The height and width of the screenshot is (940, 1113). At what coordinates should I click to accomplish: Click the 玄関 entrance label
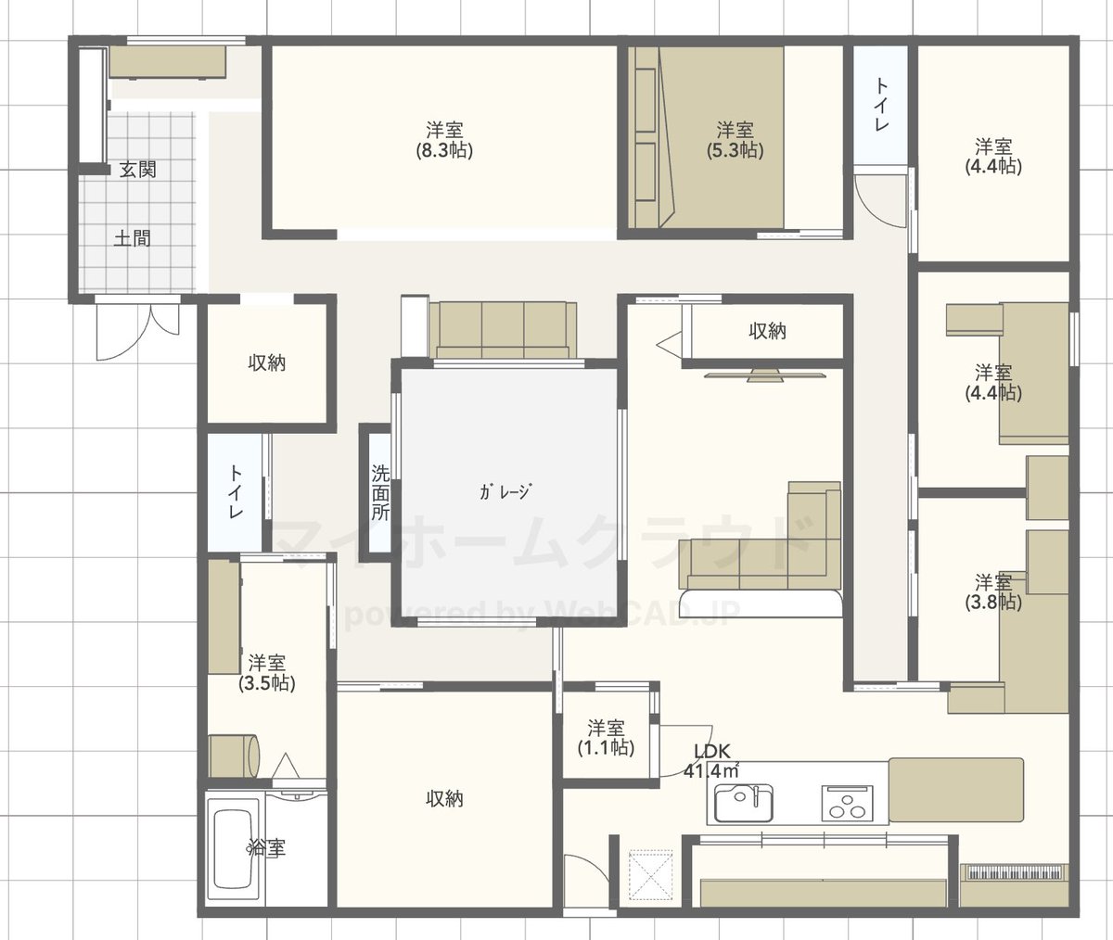(x=137, y=170)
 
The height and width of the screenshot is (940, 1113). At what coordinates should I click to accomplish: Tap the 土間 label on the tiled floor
(x=132, y=238)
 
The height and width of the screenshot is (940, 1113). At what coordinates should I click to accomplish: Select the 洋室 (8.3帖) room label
(x=444, y=140)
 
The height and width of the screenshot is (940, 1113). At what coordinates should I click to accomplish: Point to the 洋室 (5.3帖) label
(x=736, y=140)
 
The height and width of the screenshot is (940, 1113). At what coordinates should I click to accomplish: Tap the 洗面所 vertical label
(x=380, y=492)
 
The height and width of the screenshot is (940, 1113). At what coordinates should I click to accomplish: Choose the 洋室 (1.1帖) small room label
(x=606, y=738)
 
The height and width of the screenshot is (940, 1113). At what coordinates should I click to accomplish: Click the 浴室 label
(x=266, y=848)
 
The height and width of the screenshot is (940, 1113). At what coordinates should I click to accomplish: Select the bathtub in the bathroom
(x=234, y=852)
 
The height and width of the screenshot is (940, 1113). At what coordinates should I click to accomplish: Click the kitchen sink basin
(x=743, y=803)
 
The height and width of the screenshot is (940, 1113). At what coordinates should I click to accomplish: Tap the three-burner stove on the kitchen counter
(x=847, y=803)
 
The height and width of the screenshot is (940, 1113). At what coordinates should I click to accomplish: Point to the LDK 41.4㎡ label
(x=711, y=761)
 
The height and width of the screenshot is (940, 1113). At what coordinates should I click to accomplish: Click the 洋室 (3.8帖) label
(x=993, y=592)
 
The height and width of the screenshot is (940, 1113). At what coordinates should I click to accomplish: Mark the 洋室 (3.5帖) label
(x=266, y=673)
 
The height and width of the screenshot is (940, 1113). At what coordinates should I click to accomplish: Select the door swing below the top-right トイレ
(x=879, y=201)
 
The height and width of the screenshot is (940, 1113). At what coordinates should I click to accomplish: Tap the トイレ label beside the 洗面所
(x=236, y=492)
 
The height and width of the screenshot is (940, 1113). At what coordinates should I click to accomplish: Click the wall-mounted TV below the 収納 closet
(x=765, y=375)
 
